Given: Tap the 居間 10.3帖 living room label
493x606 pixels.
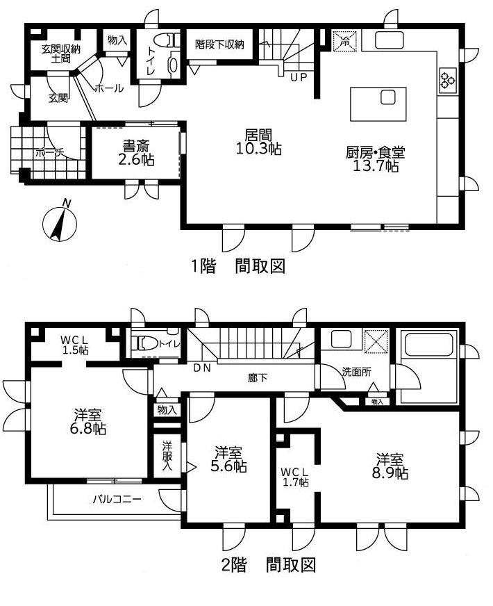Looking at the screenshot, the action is (x=258, y=142).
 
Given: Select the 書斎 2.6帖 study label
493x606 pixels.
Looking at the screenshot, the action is (x=136, y=153).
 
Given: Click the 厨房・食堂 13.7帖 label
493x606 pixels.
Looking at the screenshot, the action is (x=375, y=159).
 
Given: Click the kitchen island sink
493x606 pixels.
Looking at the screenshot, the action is (x=388, y=97).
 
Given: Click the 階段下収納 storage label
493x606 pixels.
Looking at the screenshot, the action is (x=219, y=44).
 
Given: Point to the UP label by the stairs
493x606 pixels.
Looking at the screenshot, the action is (x=299, y=77).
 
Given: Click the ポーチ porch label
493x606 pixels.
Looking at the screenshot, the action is (x=50, y=152).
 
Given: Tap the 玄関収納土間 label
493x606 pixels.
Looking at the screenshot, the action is (x=61, y=54).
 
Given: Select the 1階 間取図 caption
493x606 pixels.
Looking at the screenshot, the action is (x=239, y=266).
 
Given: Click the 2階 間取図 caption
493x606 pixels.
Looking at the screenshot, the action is (x=269, y=566).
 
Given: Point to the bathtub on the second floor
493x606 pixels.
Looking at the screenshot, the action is (x=430, y=345).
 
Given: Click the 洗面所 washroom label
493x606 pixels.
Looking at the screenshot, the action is (x=357, y=372).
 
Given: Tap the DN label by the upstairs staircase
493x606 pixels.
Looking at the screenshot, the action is (x=202, y=368).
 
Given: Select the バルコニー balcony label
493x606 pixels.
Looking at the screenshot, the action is (x=117, y=500).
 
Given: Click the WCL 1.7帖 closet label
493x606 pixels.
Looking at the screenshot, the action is (x=294, y=477).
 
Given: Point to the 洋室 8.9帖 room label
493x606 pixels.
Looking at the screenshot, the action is (x=390, y=466).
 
